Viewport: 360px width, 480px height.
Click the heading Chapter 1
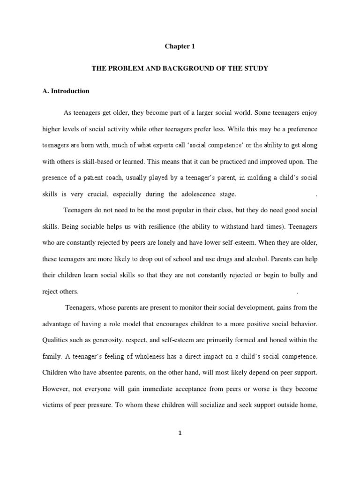pos(180,46)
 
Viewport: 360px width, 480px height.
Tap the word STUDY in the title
pos(255,68)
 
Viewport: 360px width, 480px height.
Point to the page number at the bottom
pos(180,433)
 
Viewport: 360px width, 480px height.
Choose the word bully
pos(298,275)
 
